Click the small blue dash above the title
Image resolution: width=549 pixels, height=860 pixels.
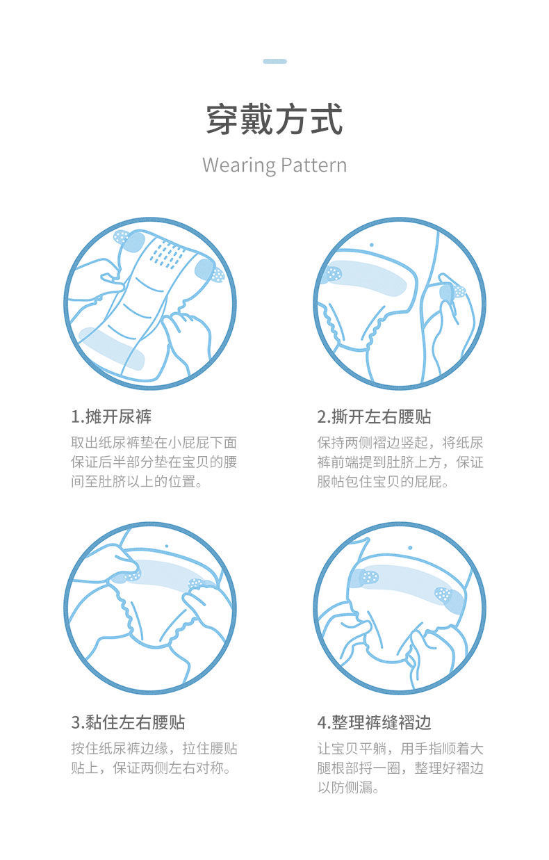click(274, 61)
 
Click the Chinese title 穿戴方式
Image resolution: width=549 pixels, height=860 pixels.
click(274, 120)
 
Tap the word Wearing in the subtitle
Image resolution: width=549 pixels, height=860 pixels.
click(238, 165)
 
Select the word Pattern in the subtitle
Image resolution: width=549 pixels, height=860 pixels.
click(313, 165)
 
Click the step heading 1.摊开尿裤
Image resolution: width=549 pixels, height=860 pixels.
click(111, 416)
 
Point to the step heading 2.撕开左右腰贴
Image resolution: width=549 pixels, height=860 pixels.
click(374, 416)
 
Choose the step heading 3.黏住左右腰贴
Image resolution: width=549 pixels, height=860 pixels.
click(128, 722)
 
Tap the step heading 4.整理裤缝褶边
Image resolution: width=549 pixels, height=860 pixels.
click(374, 722)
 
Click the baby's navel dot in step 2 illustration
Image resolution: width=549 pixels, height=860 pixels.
click(371, 245)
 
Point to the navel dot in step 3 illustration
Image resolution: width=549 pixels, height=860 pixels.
click(167, 546)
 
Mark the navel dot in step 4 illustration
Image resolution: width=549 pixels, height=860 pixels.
click(410, 547)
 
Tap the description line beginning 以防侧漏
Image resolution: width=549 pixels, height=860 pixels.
click(348, 788)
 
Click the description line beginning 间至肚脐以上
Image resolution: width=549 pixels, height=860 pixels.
click(136, 481)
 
